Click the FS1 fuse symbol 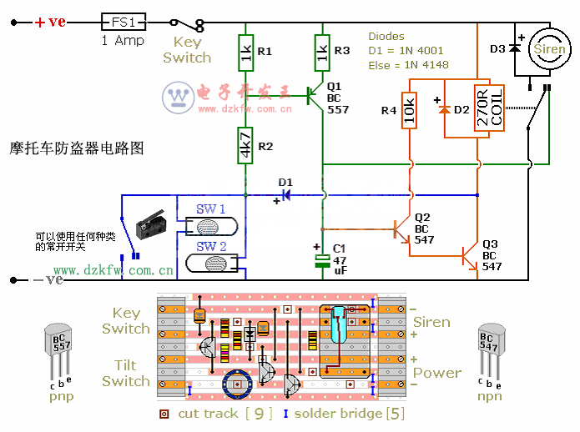coord(123,23)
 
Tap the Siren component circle coord(548,49)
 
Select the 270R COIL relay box coord(489,108)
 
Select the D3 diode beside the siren coord(515,48)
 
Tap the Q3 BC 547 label coord(492,256)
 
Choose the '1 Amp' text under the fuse coord(123,41)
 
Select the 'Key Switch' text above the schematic coord(187,50)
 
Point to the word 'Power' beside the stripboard coord(436,373)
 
